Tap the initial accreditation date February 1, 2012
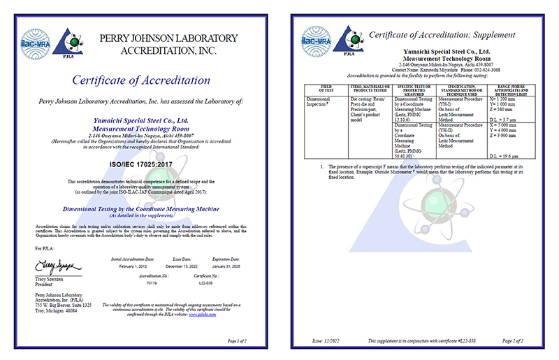[128, 266]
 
